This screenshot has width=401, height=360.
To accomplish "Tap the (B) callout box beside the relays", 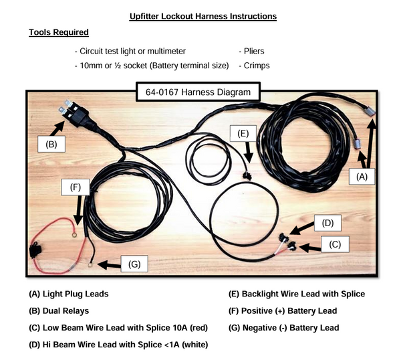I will tap(50, 143).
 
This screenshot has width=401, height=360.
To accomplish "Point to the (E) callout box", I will tap(243, 133).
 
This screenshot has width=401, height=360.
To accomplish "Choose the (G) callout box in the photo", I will tap(134, 264).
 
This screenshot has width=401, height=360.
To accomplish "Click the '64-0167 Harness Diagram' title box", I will tap(193, 92).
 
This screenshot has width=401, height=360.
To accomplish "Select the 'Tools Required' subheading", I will tap(58, 32).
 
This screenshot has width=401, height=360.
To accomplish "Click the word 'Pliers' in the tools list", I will tap(251, 51).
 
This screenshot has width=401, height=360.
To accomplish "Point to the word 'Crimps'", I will tap(253, 66).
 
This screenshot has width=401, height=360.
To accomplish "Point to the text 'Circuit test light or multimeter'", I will tap(132, 51).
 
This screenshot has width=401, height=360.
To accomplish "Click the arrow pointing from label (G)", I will tap(106, 265).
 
